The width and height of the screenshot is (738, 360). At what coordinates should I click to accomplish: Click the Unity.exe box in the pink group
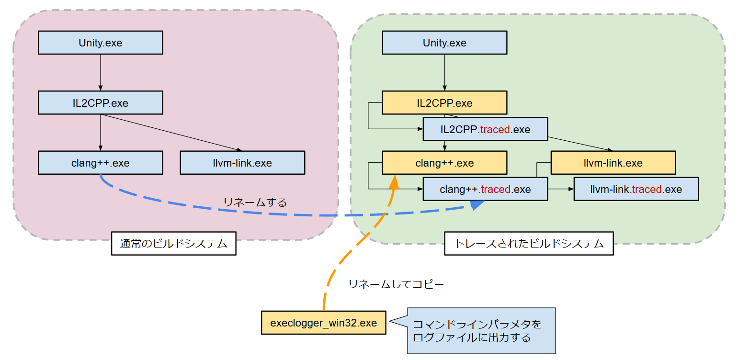(101, 43)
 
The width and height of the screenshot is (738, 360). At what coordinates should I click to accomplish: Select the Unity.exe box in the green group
(444, 43)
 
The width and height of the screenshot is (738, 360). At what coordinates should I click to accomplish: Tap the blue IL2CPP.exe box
(101, 102)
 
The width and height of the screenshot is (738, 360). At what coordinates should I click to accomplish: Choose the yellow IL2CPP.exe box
(444, 103)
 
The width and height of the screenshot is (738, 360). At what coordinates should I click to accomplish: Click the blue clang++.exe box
(101, 163)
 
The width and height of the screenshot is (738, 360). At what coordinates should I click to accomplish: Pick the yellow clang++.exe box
(444, 163)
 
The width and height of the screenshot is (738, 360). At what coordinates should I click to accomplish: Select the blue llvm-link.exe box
(242, 163)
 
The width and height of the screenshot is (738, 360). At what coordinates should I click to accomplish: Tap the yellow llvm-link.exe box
(613, 163)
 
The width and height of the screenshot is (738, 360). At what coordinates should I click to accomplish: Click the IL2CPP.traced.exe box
(485, 129)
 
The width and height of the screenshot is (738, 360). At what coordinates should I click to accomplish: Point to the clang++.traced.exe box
(485, 189)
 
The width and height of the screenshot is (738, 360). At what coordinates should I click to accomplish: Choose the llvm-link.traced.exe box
(636, 189)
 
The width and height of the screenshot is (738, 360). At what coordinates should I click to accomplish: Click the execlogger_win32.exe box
(324, 323)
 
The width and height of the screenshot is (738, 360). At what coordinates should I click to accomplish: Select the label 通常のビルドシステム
(173, 244)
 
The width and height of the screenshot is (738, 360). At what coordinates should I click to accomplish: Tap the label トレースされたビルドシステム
(529, 244)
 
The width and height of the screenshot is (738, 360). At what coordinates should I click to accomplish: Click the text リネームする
(255, 202)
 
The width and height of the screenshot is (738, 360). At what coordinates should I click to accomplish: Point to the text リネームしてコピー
(396, 284)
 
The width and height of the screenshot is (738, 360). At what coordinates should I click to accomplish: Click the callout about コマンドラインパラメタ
(481, 331)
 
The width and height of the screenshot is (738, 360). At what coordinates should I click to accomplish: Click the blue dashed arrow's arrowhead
(477, 205)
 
